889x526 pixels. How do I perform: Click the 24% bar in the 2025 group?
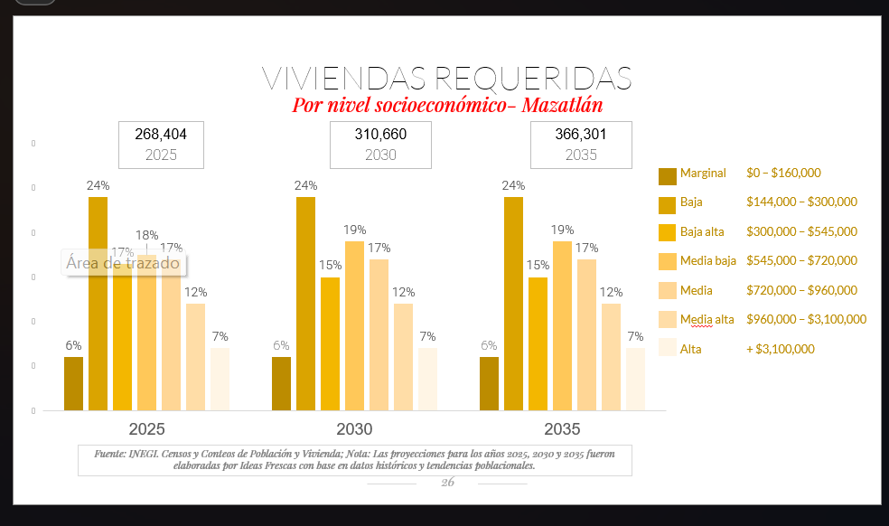pos(98,303)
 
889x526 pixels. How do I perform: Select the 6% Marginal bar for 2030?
pos(281,383)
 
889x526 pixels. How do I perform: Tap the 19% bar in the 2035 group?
pos(562,325)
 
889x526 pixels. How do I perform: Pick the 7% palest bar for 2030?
pos(427,379)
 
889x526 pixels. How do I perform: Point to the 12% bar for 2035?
pos(611,356)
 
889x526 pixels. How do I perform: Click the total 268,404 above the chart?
pos(161,135)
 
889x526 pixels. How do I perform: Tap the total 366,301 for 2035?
pos(580,135)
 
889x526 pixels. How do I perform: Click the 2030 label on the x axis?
pos(353,428)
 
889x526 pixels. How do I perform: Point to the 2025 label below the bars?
pos(146,428)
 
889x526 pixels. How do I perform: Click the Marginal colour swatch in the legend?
pos(668,176)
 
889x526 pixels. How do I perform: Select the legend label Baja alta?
pos(702,231)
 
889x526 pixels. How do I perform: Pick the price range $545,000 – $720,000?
pos(801,260)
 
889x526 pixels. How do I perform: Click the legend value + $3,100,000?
pos(781,349)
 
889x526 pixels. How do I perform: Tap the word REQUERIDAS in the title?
pos(534,78)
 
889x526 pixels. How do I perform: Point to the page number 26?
pos(447,483)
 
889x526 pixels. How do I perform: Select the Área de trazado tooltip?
pos(123,264)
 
